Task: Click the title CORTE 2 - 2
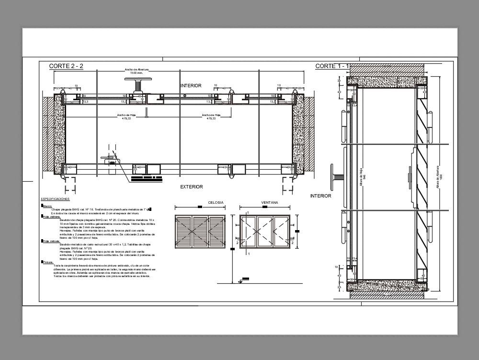pyautogui.click(x=66, y=66)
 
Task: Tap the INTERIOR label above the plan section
pyautogui.click(x=191, y=85)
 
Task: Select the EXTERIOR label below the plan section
pyautogui.click(x=191, y=187)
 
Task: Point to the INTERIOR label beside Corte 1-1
pyautogui.click(x=320, y=196)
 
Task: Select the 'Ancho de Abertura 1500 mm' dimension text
pyautogui.click(x=137, y=71)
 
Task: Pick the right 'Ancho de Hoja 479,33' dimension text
pyautogui.click(x=211, y=116)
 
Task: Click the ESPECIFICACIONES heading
pyautogui.click(x=55, y=198)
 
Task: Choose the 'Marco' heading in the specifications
pyautogui.click(x=48, y=206)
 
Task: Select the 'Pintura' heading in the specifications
pyautogui.click(x=48, y=262)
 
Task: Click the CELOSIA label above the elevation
pyautogui.click(x=216, y=203)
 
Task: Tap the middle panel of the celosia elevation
pyautogui.click(x=200, y=232)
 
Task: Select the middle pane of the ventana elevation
pyautogui.click(x=265, y=232)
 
